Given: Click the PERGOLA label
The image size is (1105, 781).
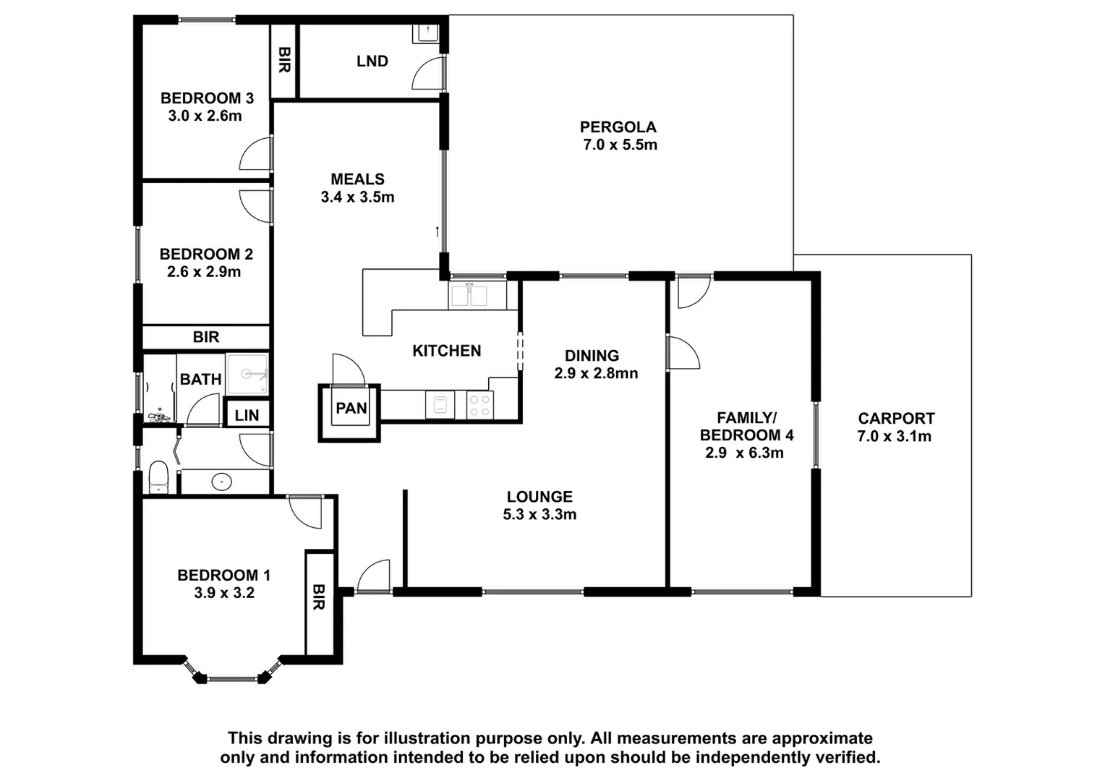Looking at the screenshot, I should pyautogui.click(x=618, y=127).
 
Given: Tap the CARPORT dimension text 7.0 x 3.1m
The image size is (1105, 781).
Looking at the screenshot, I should pyautogui.click(x=895, y=436).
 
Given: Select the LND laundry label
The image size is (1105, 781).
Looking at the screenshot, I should pyautogui.click(x=372, y=61).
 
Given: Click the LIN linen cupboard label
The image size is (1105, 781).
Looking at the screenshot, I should pyautogui.click(x=247, y=416).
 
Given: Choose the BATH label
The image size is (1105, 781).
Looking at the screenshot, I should pyautogui.click(x=200, y=379).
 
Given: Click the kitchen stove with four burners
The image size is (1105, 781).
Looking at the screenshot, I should pyautogui.click(x=479, y=404).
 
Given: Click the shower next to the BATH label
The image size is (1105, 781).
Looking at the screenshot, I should pyautogui.click(x=247, y=375).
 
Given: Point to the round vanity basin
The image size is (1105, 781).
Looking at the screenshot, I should pyautogui.click(x=220, y=481).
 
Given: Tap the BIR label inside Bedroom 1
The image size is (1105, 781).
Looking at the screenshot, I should pyautogui.click(x=319, y=597).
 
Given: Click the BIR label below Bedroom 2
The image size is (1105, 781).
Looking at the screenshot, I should pyautogui.click(x=205, y=337).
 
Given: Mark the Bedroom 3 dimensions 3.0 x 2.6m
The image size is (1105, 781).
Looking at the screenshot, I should pyautogui.click(x=205, y=116).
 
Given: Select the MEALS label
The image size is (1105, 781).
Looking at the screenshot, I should pyautogui.click(x=357, y=179).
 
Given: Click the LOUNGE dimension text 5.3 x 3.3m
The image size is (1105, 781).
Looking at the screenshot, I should pyautogui.click(x=539, y=515).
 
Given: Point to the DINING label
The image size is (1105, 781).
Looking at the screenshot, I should pyautogui.click(x=592, y=356).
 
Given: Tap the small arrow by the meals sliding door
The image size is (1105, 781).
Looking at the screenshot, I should pyautogui.click(x=437, y=232).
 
